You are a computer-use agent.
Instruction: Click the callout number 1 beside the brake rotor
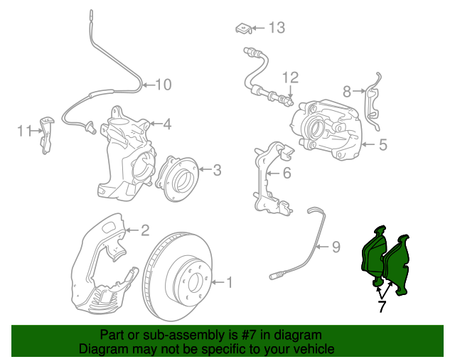229,283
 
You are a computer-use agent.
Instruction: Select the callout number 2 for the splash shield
144,230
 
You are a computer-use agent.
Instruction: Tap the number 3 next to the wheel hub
218,169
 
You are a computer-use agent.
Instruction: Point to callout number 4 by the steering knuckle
166,124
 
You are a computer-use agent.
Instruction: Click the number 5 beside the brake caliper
382,145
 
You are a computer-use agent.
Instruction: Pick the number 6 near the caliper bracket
287,173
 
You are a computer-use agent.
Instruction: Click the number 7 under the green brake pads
382,306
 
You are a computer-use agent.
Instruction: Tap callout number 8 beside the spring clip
347,91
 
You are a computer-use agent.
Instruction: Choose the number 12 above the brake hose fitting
290,77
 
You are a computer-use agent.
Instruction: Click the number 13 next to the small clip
276,28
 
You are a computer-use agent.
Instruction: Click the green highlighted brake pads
387,260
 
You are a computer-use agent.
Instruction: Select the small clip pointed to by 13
243,28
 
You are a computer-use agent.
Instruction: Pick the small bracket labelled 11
47,132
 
